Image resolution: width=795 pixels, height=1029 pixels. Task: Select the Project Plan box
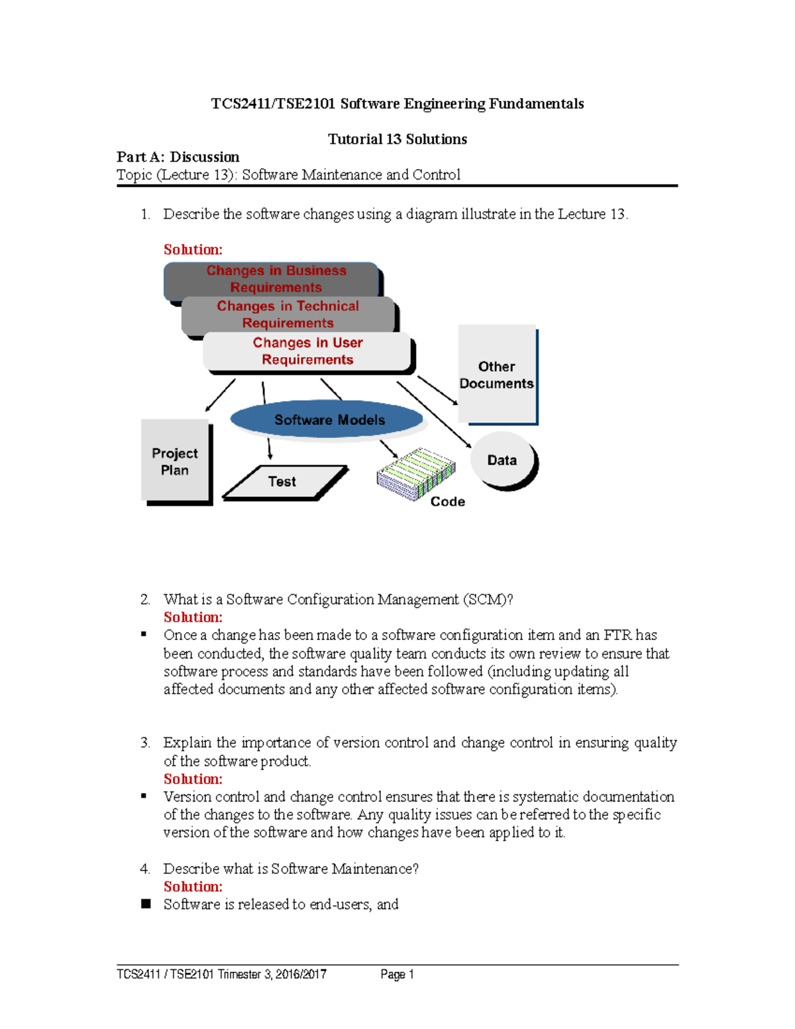[175, 461]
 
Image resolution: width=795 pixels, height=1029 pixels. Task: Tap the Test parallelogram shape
[284, 482]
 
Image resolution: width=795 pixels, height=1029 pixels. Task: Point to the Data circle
[502, 460]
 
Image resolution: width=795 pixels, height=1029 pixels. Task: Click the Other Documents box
[497, 374]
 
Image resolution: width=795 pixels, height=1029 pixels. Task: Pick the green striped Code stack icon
[416, 472]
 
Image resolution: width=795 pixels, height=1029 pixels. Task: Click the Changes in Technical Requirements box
[288, 314]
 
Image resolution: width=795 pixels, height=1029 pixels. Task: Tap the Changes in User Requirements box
[307, 351]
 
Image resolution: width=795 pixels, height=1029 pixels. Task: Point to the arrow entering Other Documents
[437, 390]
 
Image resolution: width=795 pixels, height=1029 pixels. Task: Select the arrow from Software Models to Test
[269, 448]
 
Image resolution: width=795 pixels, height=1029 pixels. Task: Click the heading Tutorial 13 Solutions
[397, 139]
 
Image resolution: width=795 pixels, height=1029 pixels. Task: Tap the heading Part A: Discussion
[178, 157]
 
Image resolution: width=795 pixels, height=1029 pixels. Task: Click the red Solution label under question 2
[193, 617]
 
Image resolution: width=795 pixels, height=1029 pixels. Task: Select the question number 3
[144, 743]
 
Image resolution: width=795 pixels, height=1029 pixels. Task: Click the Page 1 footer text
[397, 974]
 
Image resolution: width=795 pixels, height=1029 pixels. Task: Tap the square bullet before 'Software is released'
[146, 904]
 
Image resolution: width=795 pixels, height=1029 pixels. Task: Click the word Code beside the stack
[448, 502]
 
